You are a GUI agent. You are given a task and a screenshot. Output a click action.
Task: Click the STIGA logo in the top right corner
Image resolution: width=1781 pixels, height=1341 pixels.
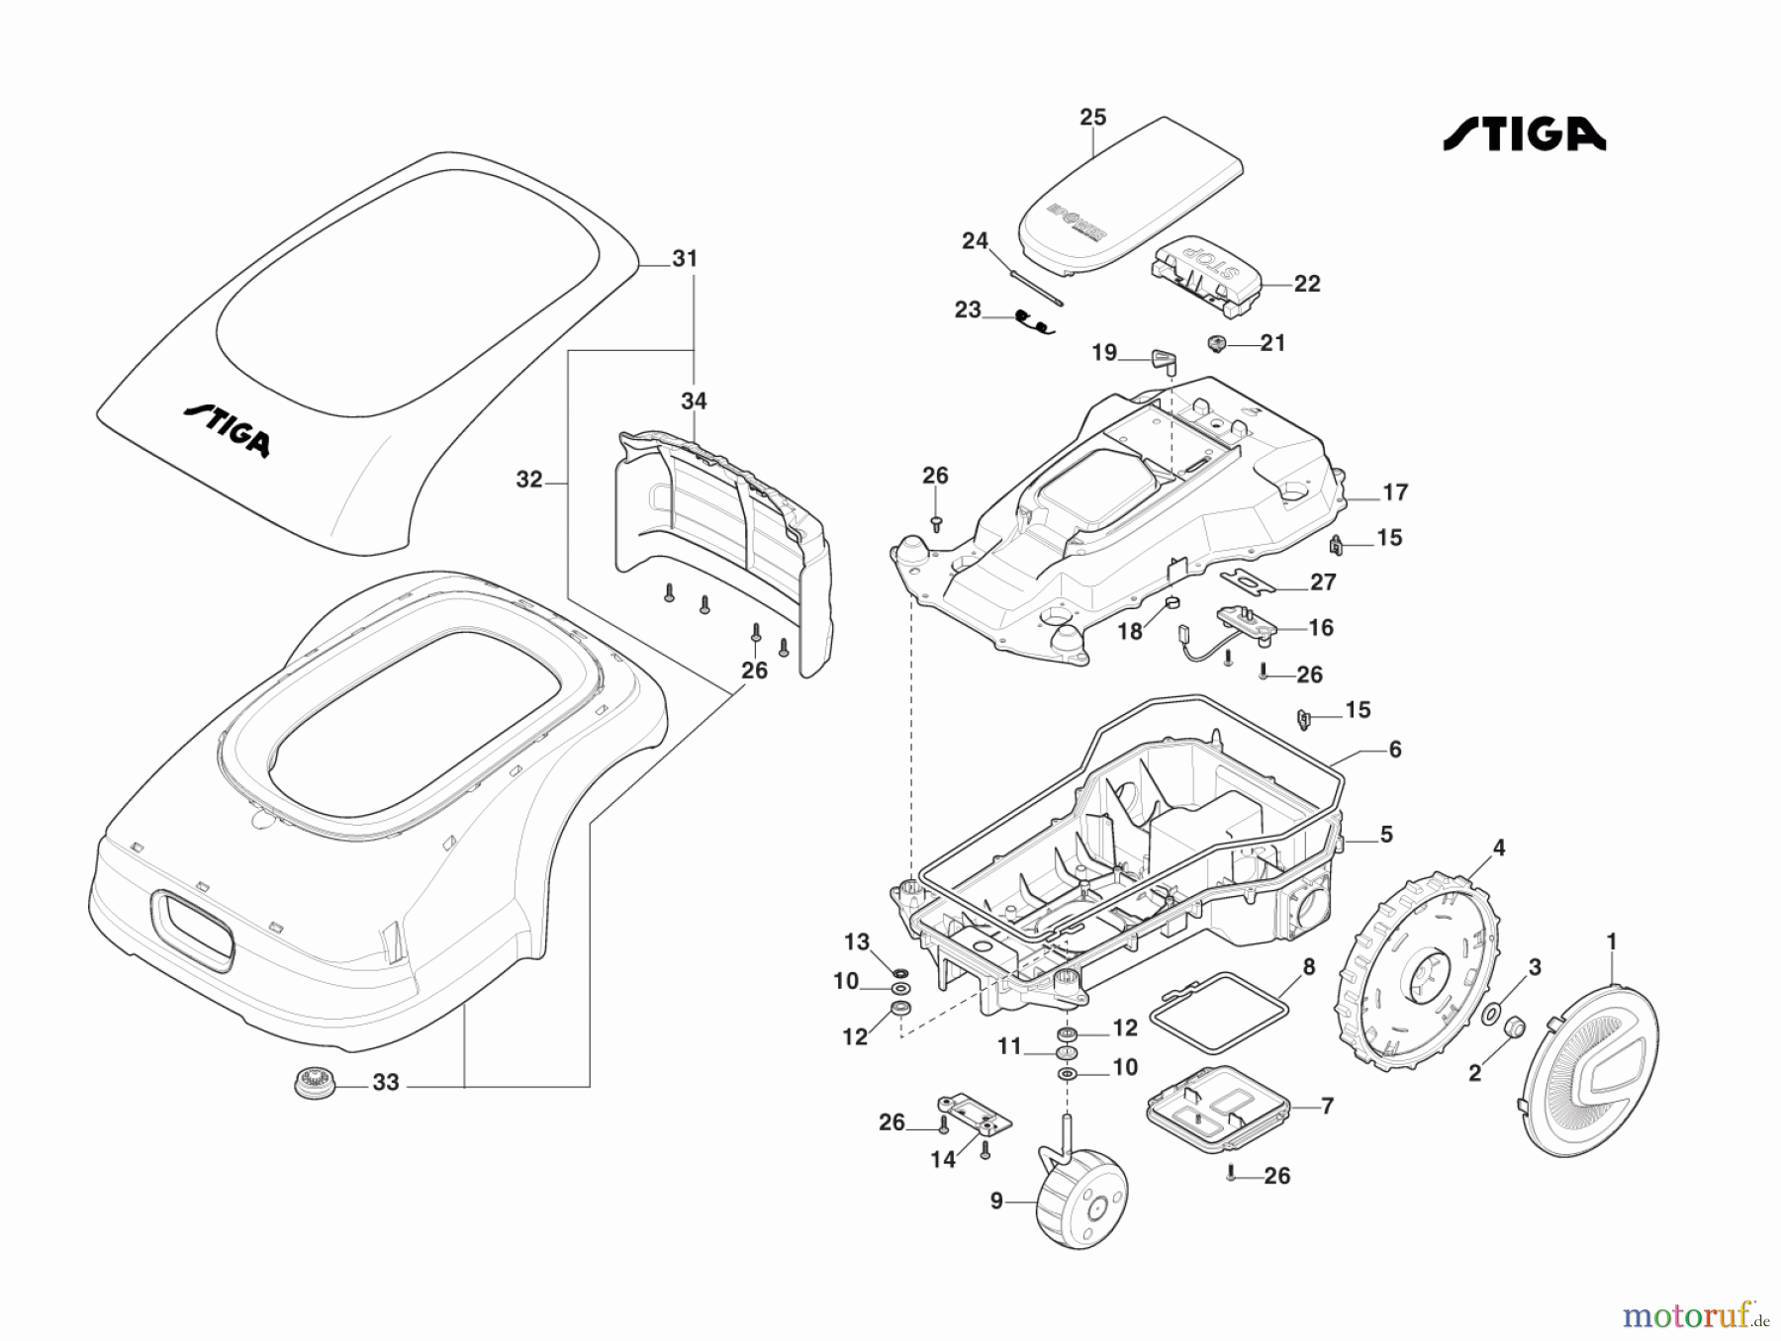pyautogui.click(x=1524, y=134)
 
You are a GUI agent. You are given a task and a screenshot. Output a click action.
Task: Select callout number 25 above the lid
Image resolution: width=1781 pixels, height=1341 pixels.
pyautogui.click(x=1092, y=118)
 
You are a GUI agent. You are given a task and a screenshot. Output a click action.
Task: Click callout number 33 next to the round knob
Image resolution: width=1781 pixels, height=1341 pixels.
pyautogui.click(x=386, y=1083)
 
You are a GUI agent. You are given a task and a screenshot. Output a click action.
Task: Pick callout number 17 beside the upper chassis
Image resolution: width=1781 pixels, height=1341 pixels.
pyautogui.click(x=1395, y=492)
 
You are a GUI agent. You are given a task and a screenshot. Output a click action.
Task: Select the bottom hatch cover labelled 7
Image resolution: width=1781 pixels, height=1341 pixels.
pyautogui.click(x=1217, y=1110)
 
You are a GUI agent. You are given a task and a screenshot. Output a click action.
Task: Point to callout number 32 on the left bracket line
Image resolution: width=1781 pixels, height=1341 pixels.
pyautogui.click(x=529, y=480)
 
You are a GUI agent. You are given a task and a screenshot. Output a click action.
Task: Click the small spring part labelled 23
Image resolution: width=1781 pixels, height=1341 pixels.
pyautogui.click(x=1035, y=321)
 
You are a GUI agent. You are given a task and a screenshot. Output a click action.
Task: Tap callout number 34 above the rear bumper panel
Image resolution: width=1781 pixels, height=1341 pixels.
pyautogui.click(x=694, y=402)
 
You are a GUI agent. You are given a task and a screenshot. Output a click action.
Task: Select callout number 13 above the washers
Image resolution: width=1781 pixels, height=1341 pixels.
pyautogui.click(x=856, y=942)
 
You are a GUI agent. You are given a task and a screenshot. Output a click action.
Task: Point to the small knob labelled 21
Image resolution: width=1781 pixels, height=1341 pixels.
pyautogui.click(x=1217, y=343)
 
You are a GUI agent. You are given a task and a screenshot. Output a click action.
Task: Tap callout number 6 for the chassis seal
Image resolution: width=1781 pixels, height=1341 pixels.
pyautogui.click(x=1395, y=750)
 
